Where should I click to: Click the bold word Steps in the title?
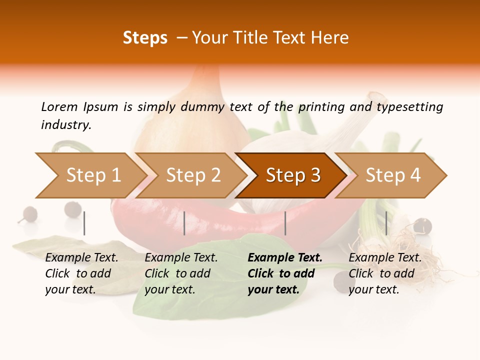click(145, 37)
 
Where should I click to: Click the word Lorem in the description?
click(59, 106)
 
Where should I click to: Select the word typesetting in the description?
click(409, 106)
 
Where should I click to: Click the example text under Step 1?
click(81, 273)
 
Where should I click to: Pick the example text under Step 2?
click(181, 273)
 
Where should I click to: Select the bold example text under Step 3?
click(284, 273)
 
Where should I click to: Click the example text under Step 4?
click(385, 273)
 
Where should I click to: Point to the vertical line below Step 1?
click(84, 223)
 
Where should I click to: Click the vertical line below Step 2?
click(184, 223)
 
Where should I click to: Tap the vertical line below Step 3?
click(285, 223)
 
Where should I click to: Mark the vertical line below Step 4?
click(386, 223)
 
